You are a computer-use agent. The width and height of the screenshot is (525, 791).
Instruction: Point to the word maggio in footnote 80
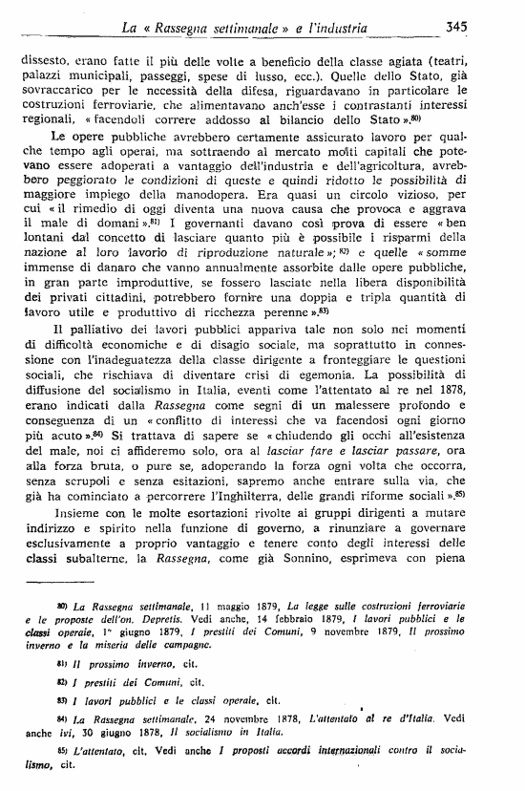click(x=217, y=607)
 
